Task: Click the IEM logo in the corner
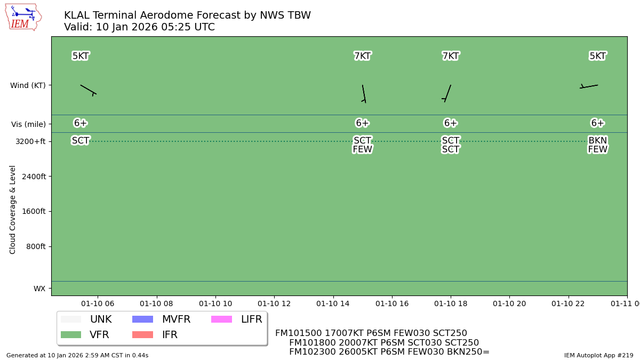click(x=23, y=17)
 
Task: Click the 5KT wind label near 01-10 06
click(x=81, y=56)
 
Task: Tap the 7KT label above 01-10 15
click(x=362, y=56)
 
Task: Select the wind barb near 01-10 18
click(x=447, y=93)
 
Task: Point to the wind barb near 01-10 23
click(x=589, y=86)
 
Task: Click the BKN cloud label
click(x=597, y=141)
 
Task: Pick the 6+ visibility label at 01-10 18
click(x=451, y=123)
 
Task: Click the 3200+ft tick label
click(x=30, y=141)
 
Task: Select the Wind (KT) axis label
click(x=28, y=85)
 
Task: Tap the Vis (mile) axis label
click(x=28, y=124)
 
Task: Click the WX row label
click(x=39, y=289)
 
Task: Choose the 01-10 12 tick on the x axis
click(x=274, y=303)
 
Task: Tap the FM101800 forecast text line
click(x=383, y=343)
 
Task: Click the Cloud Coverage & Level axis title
click(x=13, y=209)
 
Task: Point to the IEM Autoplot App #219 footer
click(x=598, y=355)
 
